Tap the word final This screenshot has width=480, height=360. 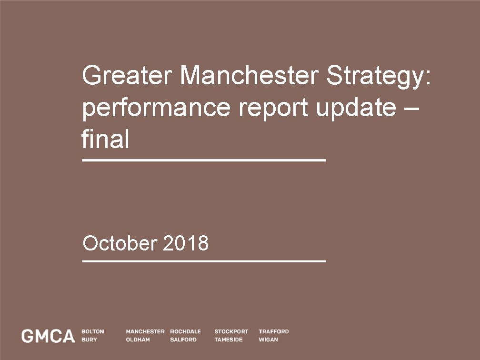click(x=105, y=140)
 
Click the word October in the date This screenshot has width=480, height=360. click(x=120, y=243)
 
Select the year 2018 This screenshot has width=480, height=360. click(x=186, y=243)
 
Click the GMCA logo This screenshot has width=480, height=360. click(x=48, y=336)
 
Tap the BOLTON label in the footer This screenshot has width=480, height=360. click(x=93, y=331)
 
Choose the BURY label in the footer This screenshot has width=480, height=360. click(x=89, y=340)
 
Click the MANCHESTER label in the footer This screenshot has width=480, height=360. click(x=145, y=331)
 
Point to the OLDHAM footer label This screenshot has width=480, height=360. click(x=138, y=340)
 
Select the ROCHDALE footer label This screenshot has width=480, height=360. click(x=185, y=331)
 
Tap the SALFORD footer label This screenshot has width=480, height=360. click(x=183, y=340)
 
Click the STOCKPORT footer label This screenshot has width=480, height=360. click(x=231, y=331)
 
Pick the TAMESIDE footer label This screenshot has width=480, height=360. click(x=229, y=340)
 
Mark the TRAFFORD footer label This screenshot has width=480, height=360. click(x=274, y=331)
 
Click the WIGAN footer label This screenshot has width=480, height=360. click(x=269, y=340)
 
